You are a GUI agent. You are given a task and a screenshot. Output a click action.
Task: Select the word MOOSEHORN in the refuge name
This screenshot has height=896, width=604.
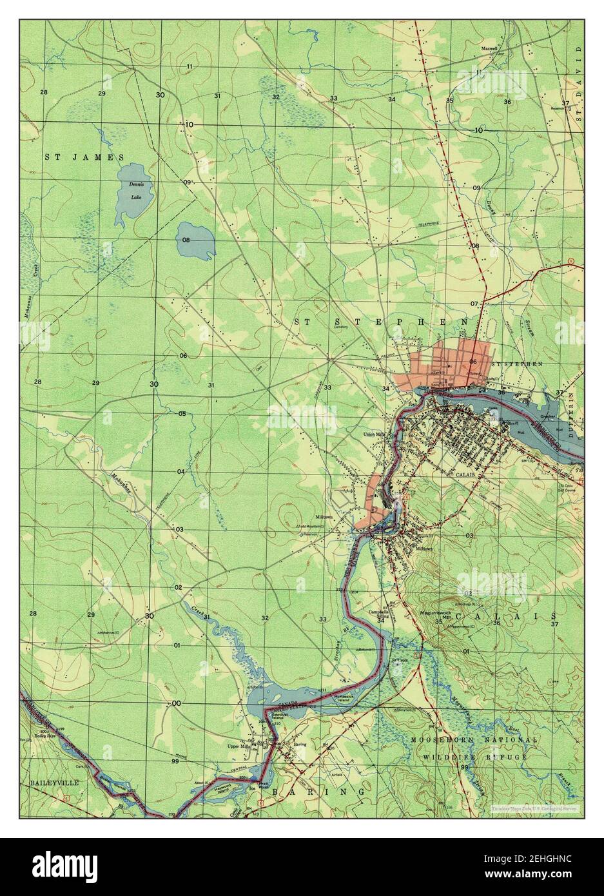(438, 741)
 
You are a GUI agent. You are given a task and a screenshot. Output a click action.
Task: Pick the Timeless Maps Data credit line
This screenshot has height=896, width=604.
(532, 808)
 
